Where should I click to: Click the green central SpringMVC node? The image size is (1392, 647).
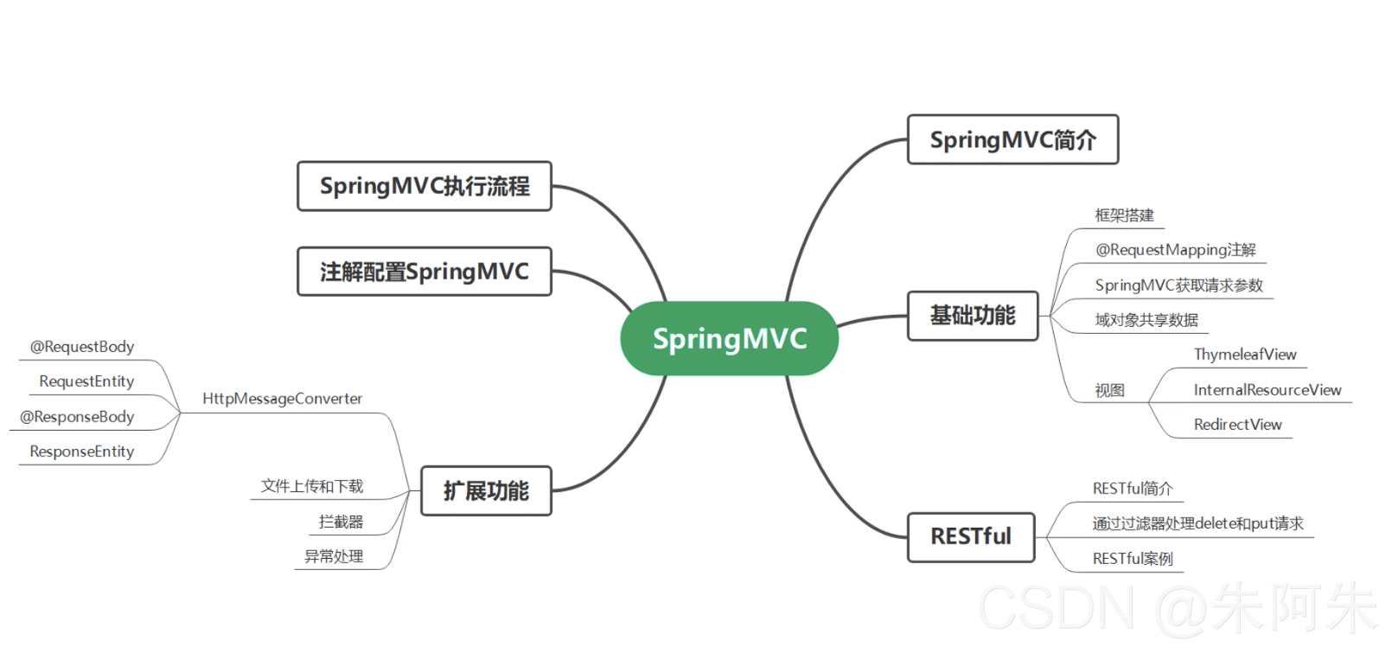729,338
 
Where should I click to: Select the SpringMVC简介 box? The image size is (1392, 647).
1012,139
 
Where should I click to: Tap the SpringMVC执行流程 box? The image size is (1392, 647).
425,186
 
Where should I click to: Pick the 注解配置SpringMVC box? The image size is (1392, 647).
425,272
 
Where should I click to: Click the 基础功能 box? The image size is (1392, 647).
973,316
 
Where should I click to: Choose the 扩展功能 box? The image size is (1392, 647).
486,491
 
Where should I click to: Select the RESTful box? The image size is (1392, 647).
970,537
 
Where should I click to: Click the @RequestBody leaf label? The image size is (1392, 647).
82,347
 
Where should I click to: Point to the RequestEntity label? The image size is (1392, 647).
86,381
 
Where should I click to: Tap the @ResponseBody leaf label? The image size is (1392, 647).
77,417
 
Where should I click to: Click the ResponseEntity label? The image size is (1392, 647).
82,452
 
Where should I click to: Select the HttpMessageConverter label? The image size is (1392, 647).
282,399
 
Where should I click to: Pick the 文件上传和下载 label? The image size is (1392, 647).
312,486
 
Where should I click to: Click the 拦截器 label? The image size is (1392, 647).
341,522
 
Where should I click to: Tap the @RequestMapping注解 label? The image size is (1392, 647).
1175,250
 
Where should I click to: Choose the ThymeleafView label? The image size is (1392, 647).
1245,355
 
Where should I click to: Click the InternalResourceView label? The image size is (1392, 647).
1267,390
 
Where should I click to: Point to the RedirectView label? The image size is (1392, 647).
1237,425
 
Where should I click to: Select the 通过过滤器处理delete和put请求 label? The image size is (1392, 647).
1197,523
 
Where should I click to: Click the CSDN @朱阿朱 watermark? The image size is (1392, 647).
1176,608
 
